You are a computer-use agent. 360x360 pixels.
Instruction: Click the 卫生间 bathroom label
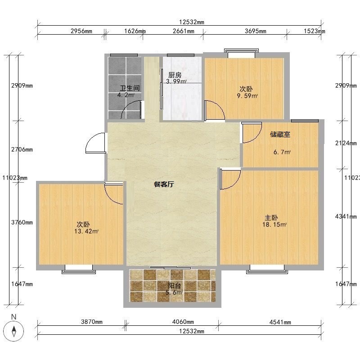tap(130, 88)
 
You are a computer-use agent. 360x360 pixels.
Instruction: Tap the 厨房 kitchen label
tap(175, 75)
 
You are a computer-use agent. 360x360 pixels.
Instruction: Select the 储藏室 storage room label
tap(280, 134)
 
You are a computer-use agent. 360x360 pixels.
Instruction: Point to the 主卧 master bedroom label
tap(271, 217)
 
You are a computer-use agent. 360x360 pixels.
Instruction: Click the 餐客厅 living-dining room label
tap(164, 184)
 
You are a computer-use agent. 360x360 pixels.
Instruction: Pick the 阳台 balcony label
tap(175, 286)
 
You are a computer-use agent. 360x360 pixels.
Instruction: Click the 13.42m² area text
tap(86, 231)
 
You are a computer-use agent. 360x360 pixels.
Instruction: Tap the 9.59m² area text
tap(247, 96)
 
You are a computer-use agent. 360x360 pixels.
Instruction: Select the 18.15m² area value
tap(274, 224)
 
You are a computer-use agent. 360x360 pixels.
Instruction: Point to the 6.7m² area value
tap(282, 152)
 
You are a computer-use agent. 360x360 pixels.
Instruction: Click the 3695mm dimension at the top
tap(256, 31)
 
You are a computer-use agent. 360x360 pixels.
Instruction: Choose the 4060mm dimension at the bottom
tap(183, 322)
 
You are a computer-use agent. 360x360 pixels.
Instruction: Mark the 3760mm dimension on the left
tap(22, 222)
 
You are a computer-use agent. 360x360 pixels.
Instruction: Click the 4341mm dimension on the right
tap(346, 216)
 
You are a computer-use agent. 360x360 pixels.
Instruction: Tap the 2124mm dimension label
tap(346, 143)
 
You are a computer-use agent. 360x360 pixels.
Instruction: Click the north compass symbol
tap(14, 331)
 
